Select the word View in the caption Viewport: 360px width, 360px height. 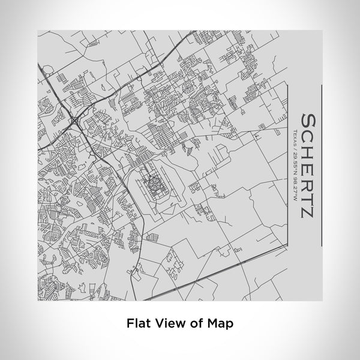coord(166,322)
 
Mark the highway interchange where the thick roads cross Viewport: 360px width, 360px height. coord(73,122)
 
